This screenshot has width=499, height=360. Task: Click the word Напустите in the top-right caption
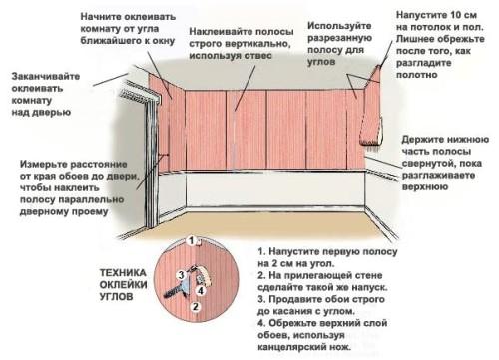422,18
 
